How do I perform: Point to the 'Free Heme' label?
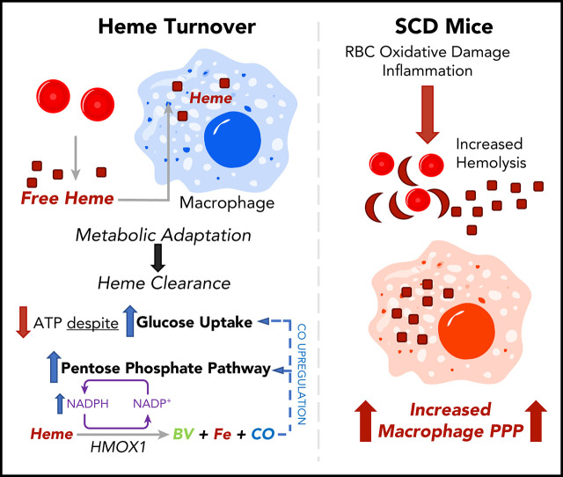pyautogui.click(x=69, y=198)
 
